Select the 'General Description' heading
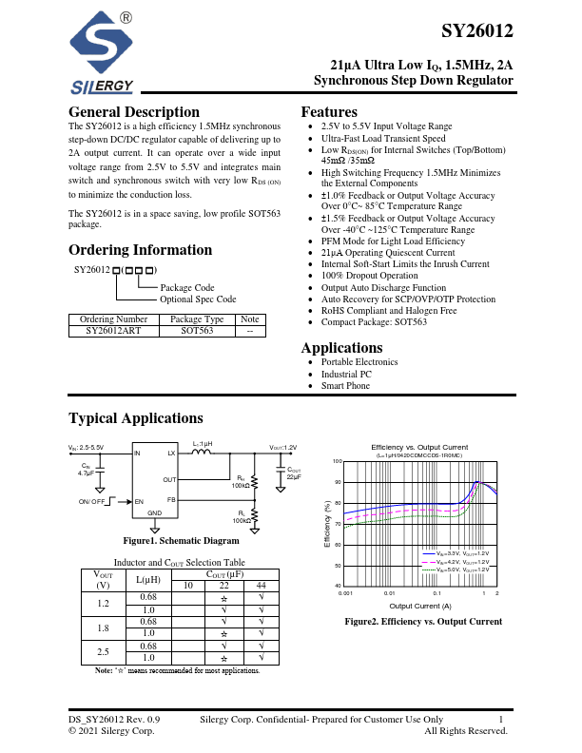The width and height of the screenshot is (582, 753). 134,112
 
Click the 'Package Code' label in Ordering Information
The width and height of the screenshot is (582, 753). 187,287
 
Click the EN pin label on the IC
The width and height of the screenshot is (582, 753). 139,501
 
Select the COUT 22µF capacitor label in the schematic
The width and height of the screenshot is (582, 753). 293,473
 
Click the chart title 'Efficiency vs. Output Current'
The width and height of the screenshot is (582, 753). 419,447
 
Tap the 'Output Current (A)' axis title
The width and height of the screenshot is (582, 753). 419,606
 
